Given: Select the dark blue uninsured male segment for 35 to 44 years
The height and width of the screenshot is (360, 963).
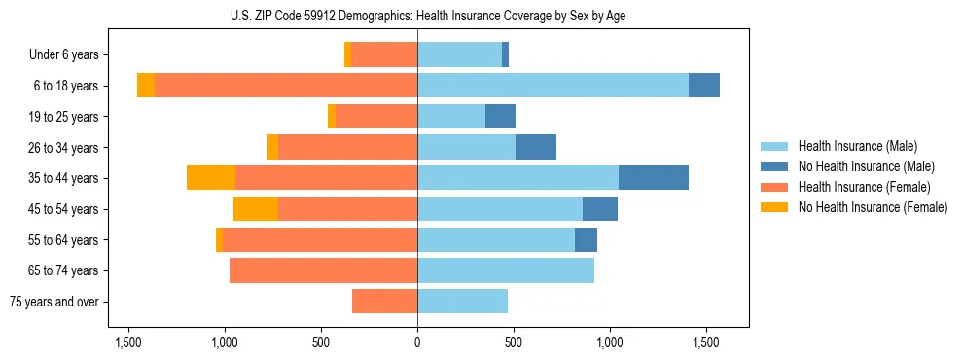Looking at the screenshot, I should [x=654, y=178].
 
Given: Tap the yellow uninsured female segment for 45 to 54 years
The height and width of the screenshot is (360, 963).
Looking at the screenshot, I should [x=256, y=209].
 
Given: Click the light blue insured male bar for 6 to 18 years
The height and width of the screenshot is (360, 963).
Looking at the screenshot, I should [x=553, y=86].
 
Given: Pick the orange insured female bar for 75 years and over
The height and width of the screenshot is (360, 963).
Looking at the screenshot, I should [x=384, y=302].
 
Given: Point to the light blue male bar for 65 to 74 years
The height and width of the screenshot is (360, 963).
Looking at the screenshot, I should [x=506, y=270].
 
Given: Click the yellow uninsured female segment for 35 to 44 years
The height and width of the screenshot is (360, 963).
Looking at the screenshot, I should [x=211, y=178].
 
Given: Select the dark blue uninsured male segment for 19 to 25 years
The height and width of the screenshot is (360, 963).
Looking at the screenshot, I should [x=500, y=117].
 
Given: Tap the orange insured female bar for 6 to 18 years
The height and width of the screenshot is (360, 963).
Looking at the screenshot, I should [x=286, y=86].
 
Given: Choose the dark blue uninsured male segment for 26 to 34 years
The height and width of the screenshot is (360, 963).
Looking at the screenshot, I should [x=536, y=147].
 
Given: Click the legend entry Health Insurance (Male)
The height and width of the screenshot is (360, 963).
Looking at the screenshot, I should [x=856, y=146].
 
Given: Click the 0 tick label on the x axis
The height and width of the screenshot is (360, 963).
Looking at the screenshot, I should [x=417, y=342].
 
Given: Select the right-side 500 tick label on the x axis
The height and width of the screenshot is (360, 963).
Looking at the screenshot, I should [x=514, y=342].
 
